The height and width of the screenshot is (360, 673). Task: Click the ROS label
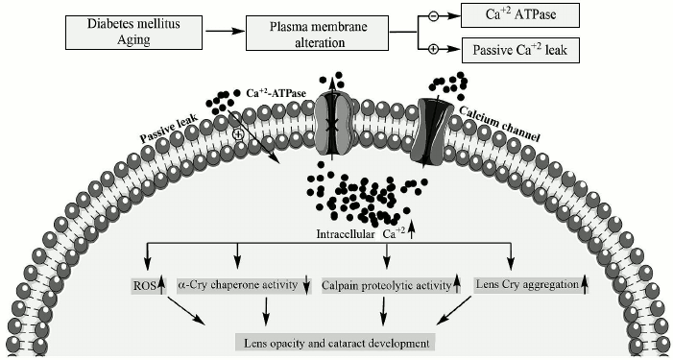click(x=142, y=285)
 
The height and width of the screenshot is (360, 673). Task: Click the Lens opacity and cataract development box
click(x=336, y=342)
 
